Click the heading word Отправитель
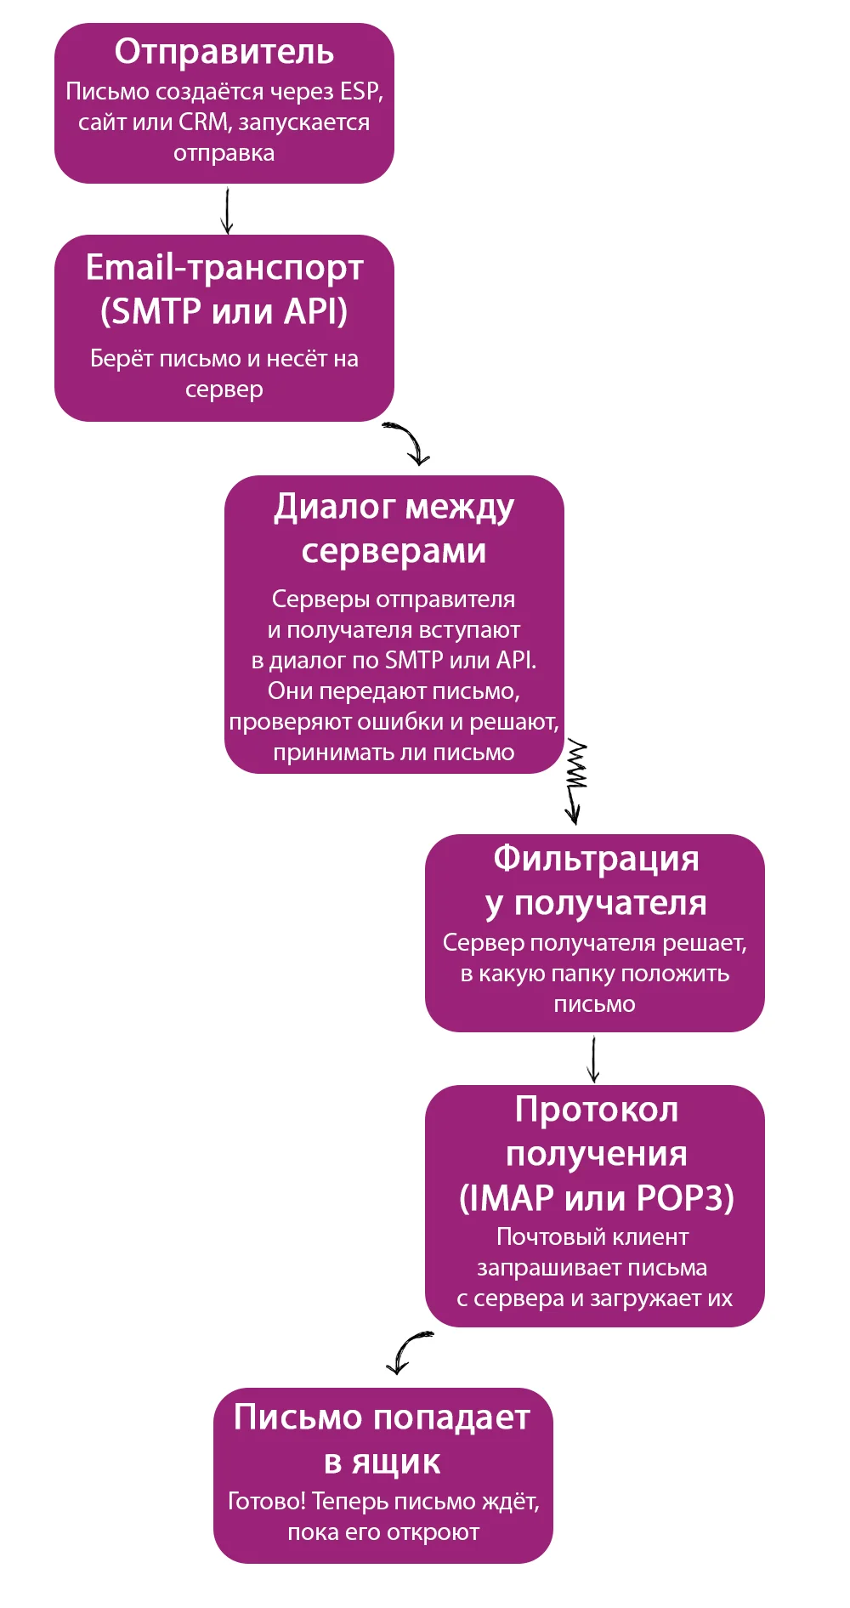point(224,52)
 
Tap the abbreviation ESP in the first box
point(360,91)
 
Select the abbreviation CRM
point(203,122)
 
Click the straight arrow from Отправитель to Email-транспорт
point(227,210)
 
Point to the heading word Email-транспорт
point(224,267)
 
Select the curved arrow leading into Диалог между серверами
point(409,442)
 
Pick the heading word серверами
point(394,551)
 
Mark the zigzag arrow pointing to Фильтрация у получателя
point(576,781)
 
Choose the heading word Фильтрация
point(596,859)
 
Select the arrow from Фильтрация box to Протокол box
point(593,1060)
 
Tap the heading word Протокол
point(596,1110)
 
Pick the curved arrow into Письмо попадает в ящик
point(407,1351)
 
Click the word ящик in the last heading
point(395,1462)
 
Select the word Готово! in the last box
point(266,1502)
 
